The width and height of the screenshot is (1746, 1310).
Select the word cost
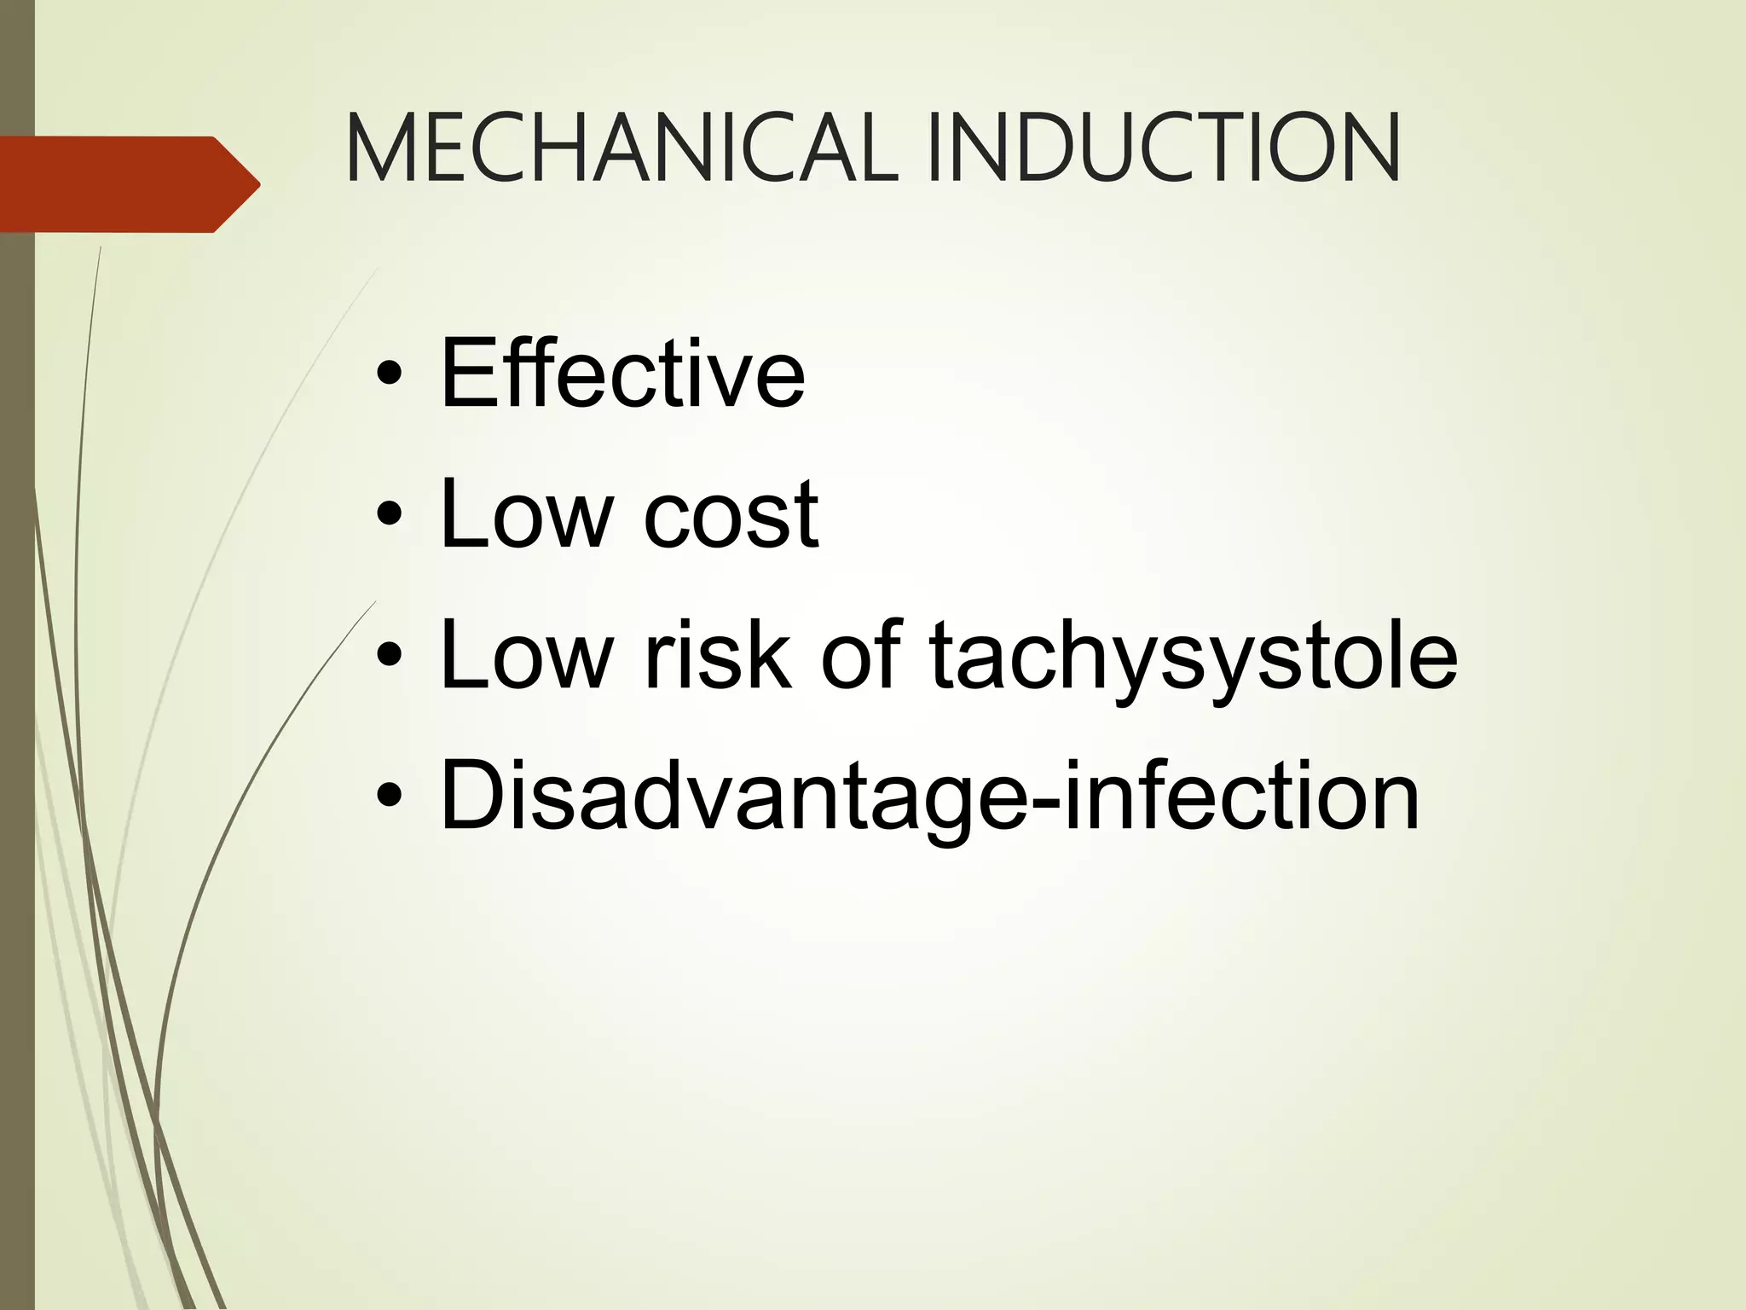click(731, 514)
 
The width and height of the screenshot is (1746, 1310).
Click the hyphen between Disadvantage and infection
click(1048, 803)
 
